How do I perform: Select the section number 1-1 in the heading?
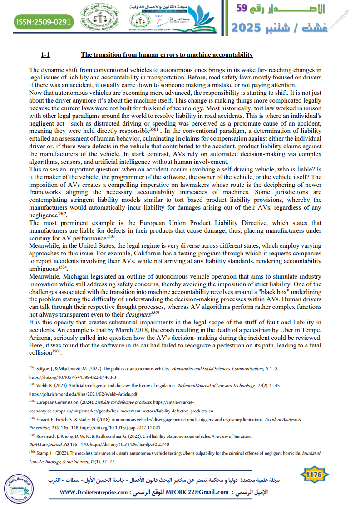click(45, 55)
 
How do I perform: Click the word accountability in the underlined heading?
click(230, 55)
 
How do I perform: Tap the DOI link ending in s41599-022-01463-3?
click(73, 377)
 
